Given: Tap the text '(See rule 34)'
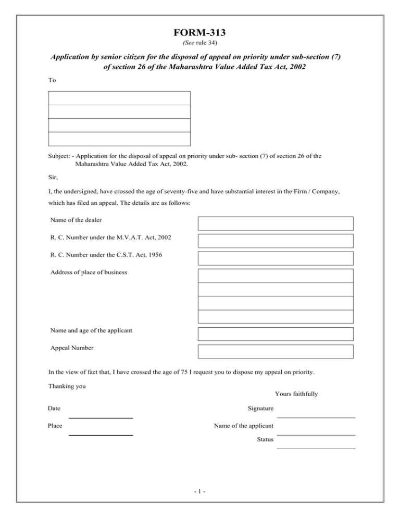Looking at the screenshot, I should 200,42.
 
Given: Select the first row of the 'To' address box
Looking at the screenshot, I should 119,98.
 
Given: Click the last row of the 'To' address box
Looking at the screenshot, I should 119,139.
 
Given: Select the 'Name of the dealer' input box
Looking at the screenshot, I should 275,224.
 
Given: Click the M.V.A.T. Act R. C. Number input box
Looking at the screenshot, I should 275,241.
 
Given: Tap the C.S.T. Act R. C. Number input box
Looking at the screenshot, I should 275,258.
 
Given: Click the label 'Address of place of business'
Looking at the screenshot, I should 89,272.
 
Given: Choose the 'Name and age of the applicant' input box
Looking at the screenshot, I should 275,334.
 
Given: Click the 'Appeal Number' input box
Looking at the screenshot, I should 275,351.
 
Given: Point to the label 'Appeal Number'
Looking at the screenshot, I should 72,348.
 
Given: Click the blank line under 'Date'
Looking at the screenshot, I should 101,417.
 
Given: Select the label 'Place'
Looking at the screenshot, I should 55,426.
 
